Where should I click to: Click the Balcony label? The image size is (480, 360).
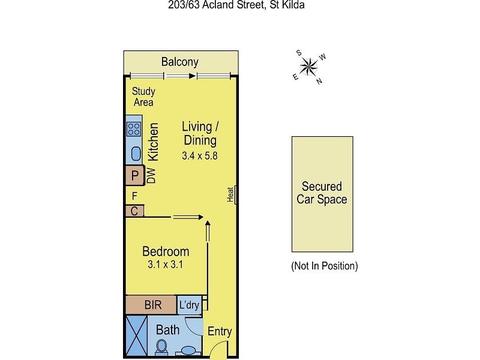tap(179, 62)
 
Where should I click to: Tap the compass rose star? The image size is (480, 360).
tap(309, 67)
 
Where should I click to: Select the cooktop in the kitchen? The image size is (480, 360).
tap(134, 129)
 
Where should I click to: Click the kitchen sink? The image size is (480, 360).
tap(136, 154)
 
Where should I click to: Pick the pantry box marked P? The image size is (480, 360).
tap(134, 175)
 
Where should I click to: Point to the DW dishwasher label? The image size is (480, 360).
tap(151, 176)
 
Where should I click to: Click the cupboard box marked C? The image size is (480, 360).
tap(134, 211)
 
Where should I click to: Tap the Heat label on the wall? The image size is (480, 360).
tap(230, 194)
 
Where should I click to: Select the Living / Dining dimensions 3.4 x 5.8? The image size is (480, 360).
tap(200, 156)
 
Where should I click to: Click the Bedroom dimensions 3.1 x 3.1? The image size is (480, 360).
tap(166, 264)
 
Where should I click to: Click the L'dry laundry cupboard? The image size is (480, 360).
tap(190, 305)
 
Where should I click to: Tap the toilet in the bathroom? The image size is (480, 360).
tap(161, 347)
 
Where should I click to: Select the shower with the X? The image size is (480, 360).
tap(137, 336)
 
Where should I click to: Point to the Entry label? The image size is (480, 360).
tap(220, 332)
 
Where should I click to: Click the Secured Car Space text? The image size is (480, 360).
tap(322, 193)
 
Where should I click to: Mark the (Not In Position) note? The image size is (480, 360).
tap(325, 266)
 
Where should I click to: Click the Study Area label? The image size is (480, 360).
tap(143, 97)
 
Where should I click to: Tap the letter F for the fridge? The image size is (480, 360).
tap(134, 196)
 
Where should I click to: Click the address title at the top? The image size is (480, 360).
tap(236, 5)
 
